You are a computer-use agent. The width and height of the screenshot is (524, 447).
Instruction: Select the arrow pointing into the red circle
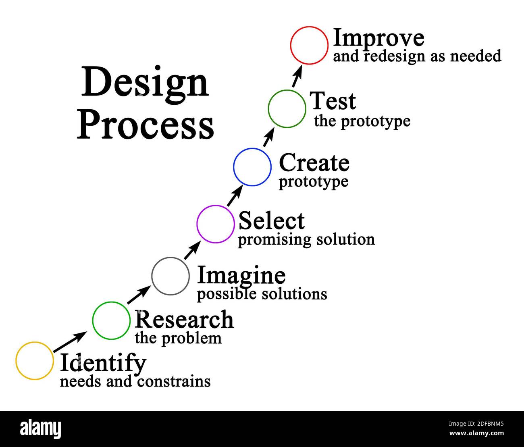tap(297, 76)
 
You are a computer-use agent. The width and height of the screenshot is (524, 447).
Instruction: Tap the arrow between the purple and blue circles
tap(235, 195)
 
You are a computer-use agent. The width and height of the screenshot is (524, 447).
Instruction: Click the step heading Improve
tap(379, 38)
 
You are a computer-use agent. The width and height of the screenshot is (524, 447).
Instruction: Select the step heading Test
tap(333, 101)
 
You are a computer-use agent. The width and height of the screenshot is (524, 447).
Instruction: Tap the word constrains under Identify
tap(174, 382)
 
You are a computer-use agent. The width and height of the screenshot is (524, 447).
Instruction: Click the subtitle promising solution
tap(306, 240)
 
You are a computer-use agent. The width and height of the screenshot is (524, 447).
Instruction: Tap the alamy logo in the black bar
tap(41, 428)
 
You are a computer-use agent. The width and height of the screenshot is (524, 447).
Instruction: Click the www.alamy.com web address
tap(476, 433)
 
